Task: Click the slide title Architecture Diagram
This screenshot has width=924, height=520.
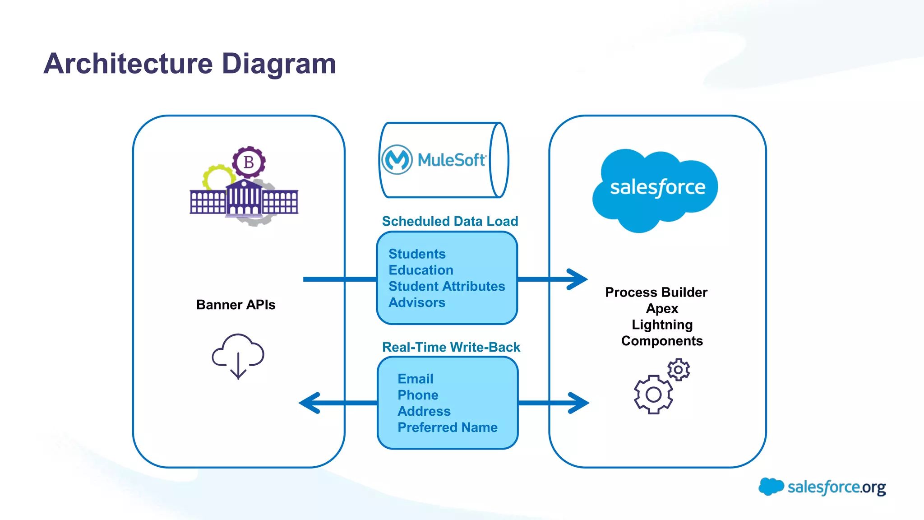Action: [x=190, y=64]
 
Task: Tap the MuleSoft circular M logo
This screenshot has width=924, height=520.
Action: [x=397, y=159]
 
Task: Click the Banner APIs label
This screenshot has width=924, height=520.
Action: [x=236, y=305]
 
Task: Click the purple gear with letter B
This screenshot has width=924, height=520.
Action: [x=249, y=162]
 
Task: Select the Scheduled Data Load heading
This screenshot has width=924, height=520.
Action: [x=450, y=221]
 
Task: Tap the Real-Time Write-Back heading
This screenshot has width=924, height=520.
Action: [x=451, y=347]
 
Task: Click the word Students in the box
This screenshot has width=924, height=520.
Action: [x=417, y=254]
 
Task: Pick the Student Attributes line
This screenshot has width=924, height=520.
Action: [x=447, y=286]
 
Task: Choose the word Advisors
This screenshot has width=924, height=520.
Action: [x=417, y=302]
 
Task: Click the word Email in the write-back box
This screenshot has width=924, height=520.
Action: [x=415, y=379]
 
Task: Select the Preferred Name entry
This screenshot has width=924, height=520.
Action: [x=447, y=427]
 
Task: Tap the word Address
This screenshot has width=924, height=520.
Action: [x=424, y=411]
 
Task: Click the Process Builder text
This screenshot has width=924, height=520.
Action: [x=656, y=292]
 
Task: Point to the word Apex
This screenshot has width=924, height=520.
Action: [x=662, y=309]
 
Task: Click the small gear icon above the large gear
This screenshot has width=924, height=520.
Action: [x=679, y=370]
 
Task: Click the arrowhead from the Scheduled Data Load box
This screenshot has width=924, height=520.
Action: [x=577, y=279]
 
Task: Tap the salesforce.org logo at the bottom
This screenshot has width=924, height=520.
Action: [x=822, y=487]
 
